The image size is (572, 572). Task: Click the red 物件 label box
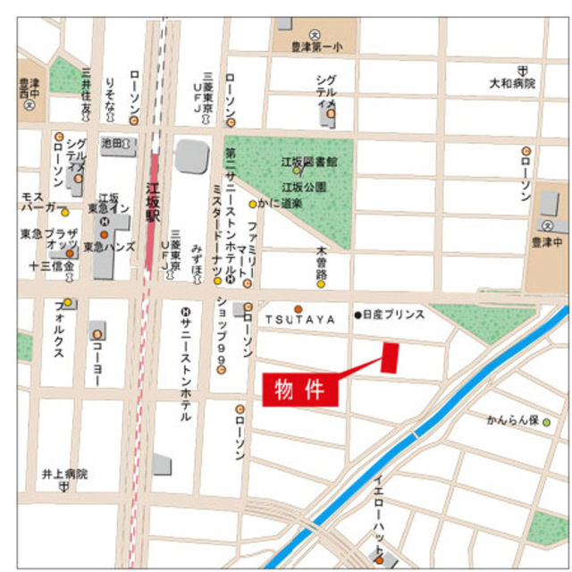[x=299, y=389]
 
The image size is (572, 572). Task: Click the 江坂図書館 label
[x=309, y=162]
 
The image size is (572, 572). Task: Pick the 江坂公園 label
[x=304, y=188]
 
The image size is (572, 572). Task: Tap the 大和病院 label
[x=511, y=83]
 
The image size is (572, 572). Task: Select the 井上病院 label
[x=64, y=474]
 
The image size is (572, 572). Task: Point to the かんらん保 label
[x=513, y=419]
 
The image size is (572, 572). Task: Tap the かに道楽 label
[x=281, y=204]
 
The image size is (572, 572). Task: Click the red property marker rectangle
[x=390, y=357]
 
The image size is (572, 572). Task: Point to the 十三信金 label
[x=52, y=266]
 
